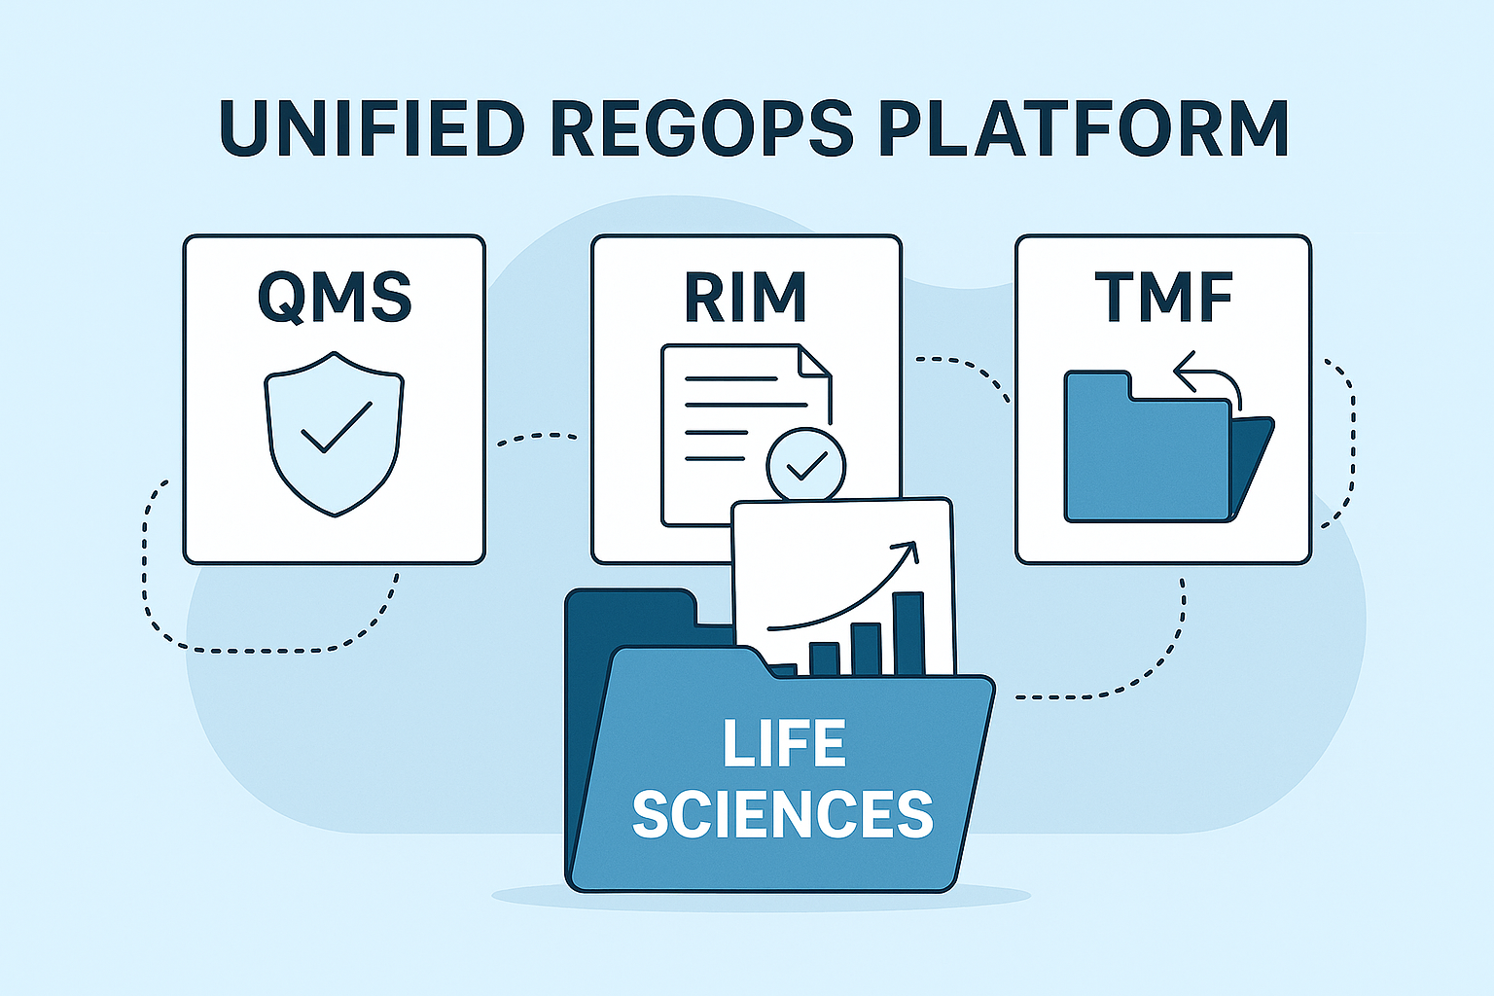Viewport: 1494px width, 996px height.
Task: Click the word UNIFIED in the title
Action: [x=372, y=127]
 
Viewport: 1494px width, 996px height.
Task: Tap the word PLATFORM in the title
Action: [x=1084, y=127]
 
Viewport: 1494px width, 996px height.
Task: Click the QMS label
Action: [x=334, y=297]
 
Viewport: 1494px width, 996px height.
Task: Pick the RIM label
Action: [x=745, y=297]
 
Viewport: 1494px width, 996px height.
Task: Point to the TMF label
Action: [x=1163, y=297]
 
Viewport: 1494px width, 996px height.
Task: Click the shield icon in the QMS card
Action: [x=334, y=433]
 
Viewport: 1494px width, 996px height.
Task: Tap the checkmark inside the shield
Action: [x=336, y=428]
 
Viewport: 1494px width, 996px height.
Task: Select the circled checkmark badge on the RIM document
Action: [x=805, y=466]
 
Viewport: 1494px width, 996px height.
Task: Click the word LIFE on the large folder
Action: [x=783, y=744]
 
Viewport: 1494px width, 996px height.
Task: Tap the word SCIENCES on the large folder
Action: [x=783, y=814]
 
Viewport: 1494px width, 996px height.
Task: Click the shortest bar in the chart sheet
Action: [x=824, y=658]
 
